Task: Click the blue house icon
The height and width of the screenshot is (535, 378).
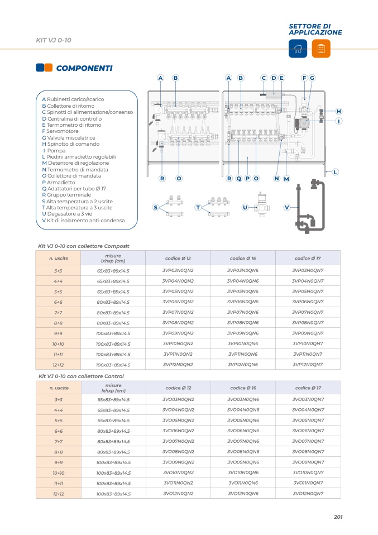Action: (x=298, y=49)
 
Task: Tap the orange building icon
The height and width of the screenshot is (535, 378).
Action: (x=321, y=49)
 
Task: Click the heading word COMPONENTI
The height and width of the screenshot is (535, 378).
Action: (x=84, y=68)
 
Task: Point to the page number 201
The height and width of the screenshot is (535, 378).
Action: (x=338, y=517)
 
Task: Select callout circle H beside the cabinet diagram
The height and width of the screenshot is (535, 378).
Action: (x=338, y=112)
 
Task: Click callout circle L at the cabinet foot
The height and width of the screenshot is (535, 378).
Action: (x=335, y=172)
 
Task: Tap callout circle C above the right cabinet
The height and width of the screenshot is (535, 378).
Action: (x=264, y=78)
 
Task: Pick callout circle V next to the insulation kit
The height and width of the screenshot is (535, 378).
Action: (x=287, y=207)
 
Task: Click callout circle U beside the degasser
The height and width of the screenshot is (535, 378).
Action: (x=245, y=207)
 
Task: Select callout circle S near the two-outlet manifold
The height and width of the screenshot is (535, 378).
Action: (x=156, y=207)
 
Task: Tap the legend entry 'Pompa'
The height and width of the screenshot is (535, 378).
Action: (x=56, y=151)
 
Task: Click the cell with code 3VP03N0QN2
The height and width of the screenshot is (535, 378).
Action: (x=178, y=270)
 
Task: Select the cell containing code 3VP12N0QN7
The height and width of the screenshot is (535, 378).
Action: (x=308, y=365)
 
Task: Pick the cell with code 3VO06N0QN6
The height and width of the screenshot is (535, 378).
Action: (x=243, y=431)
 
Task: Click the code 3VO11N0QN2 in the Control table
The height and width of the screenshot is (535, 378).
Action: (x=178, y=483)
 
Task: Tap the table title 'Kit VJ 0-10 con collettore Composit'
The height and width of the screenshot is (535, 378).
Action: (x=83, y=246)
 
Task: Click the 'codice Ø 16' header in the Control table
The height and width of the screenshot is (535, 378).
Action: (x=243, y=388)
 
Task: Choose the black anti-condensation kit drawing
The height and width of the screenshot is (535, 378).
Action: (x=308, y=207)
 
